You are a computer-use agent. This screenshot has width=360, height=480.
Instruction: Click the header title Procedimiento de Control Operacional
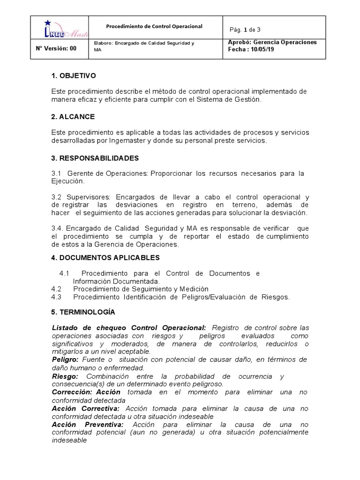154,27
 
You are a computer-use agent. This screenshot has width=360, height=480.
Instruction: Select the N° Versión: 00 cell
56,48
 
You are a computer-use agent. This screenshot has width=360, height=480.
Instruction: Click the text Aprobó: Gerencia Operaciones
272,42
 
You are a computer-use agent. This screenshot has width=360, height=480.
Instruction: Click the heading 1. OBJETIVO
74,75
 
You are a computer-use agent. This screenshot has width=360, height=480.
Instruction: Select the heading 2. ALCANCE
73,116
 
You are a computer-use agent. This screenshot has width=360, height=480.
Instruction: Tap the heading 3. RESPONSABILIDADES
95,158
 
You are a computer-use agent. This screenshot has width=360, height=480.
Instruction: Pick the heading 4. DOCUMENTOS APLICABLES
105,257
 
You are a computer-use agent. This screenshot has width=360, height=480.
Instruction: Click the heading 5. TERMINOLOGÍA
83,312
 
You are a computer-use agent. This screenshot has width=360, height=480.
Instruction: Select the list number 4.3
57,297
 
